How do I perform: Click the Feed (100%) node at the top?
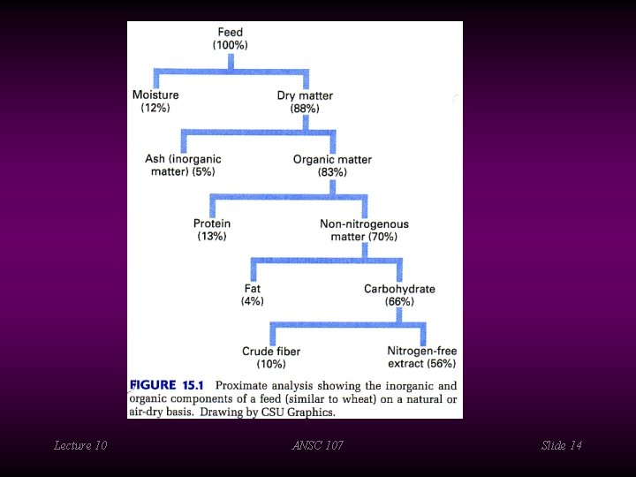pyautogui.click(x=231, y=39)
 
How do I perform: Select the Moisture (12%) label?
pyautogui.click(x=155, y=101)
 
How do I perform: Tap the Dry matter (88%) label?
pyautogui.click(x=305, y=102)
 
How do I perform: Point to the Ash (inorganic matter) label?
pyautogui.click(x=183, y=165)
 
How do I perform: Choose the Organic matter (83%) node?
pyautogui.click(x=332, y=165)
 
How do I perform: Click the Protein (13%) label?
pyautogui.click(x=212, y=230)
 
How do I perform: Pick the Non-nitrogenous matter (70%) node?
pyautogui.click(x=364, y=230)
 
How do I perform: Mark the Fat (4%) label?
pyautogui.click(x=253, y=294)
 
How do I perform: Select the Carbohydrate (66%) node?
pyautogui.click(x=399, y=294)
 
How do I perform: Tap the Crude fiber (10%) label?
pyautogui.click(x=271, y=357)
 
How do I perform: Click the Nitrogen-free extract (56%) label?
pyautogui.click(x=421, y=357)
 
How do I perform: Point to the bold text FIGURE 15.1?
pyautogui.click(x=167, y=385)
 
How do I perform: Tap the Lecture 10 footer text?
pyautogui.click(x=80, y=445)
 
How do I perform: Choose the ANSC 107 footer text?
pyautogui.click(x=317, y=445)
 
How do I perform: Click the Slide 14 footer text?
pyautogui.click(x=561, y=445)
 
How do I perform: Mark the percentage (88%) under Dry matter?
pyautogui.click(x=305, y=109)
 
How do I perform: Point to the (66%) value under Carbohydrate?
pyautogui.click(x=399, y=301)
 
